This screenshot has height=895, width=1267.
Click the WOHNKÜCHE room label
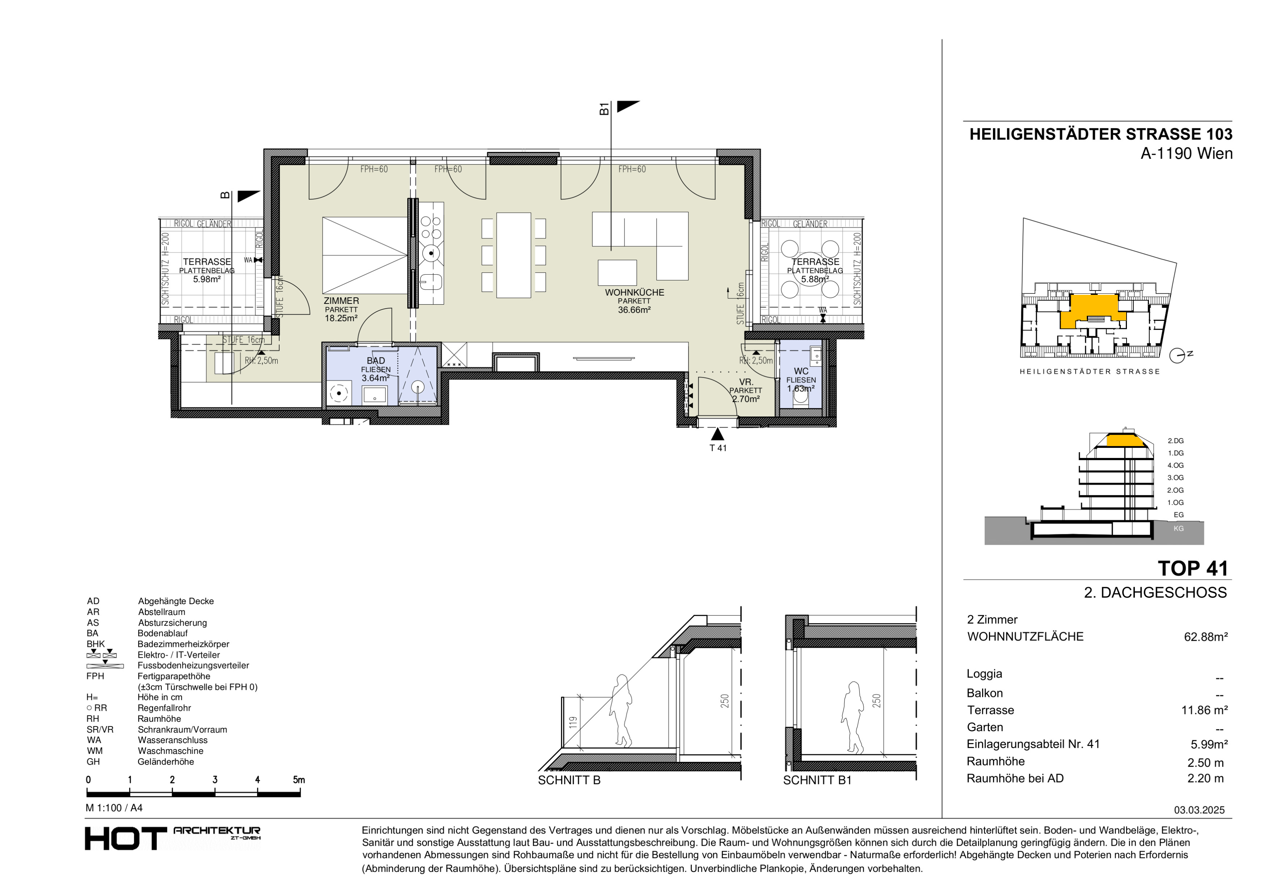[634, 292]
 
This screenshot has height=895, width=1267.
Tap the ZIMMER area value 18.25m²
[341, 318]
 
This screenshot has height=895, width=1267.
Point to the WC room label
[801, 371]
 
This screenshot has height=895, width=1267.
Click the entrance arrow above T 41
[717, 434]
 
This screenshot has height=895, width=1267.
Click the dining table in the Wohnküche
[513, 255]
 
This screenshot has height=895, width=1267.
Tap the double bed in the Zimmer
[365, 255]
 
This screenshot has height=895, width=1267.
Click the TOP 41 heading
[1192, 569]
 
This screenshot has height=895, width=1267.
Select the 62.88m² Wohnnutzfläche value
[1206, 637]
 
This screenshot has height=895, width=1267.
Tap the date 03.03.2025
[1199, 810]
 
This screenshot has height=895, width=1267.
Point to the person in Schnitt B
[621, 711]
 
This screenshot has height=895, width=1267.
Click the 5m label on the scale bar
[299, 780]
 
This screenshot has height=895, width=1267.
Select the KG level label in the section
[1178, 528]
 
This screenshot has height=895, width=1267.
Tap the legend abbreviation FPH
[95, 676]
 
